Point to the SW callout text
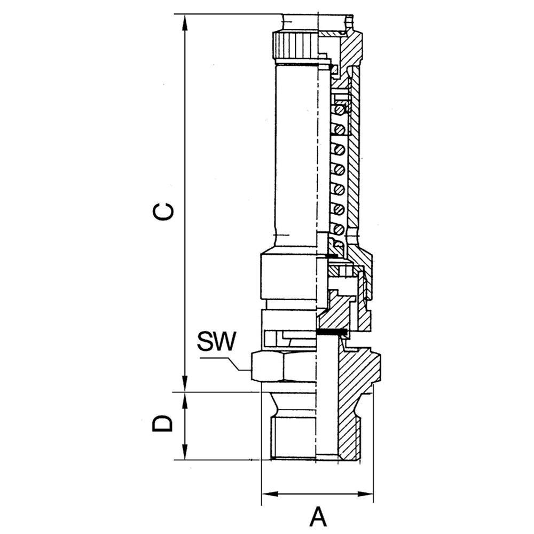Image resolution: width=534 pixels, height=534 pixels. click(x=216, y=342)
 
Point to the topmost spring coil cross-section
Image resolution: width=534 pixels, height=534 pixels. click(x=338, y=111)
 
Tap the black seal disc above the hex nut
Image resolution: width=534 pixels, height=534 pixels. click(x=332, y=333)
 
